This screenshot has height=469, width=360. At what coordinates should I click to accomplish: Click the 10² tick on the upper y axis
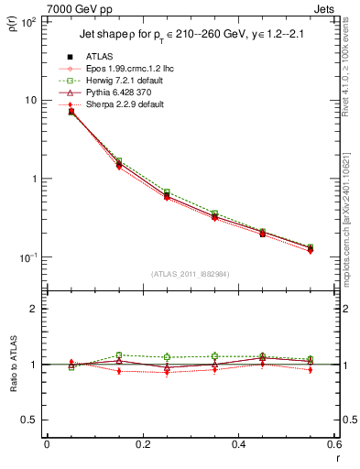tap(27, 22)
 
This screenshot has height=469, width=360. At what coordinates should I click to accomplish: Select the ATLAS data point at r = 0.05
tap(71, 112)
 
